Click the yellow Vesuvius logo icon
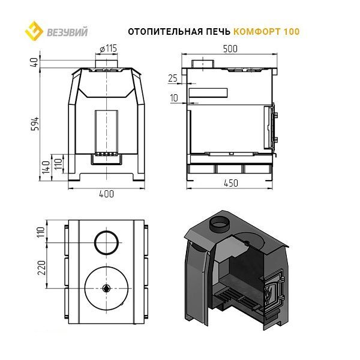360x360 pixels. pyautogui.click(x=34, y=31)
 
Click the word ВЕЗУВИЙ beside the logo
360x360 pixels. pyautogui.click(x=67, y=32)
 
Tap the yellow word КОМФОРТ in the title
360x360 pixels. pyautogui.click(x=257, y=31)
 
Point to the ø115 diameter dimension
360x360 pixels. pyautogui.click(x=109, y=49)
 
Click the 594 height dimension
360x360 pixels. pyautogui.click(x=35, y=124)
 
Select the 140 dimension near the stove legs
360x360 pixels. pyautogui.click(x=46, y=167)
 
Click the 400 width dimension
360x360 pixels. pyautogui.click(x=106, y=194)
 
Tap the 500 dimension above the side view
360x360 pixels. pyautogui.click(x=230, y=49)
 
